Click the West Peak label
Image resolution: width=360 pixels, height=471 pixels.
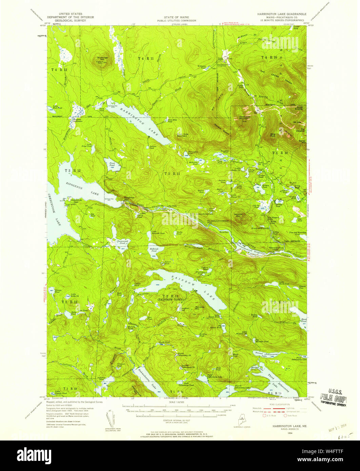click(x=273, y=135)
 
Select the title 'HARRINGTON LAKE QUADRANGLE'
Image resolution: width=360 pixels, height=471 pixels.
click(x=281, y=14)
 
